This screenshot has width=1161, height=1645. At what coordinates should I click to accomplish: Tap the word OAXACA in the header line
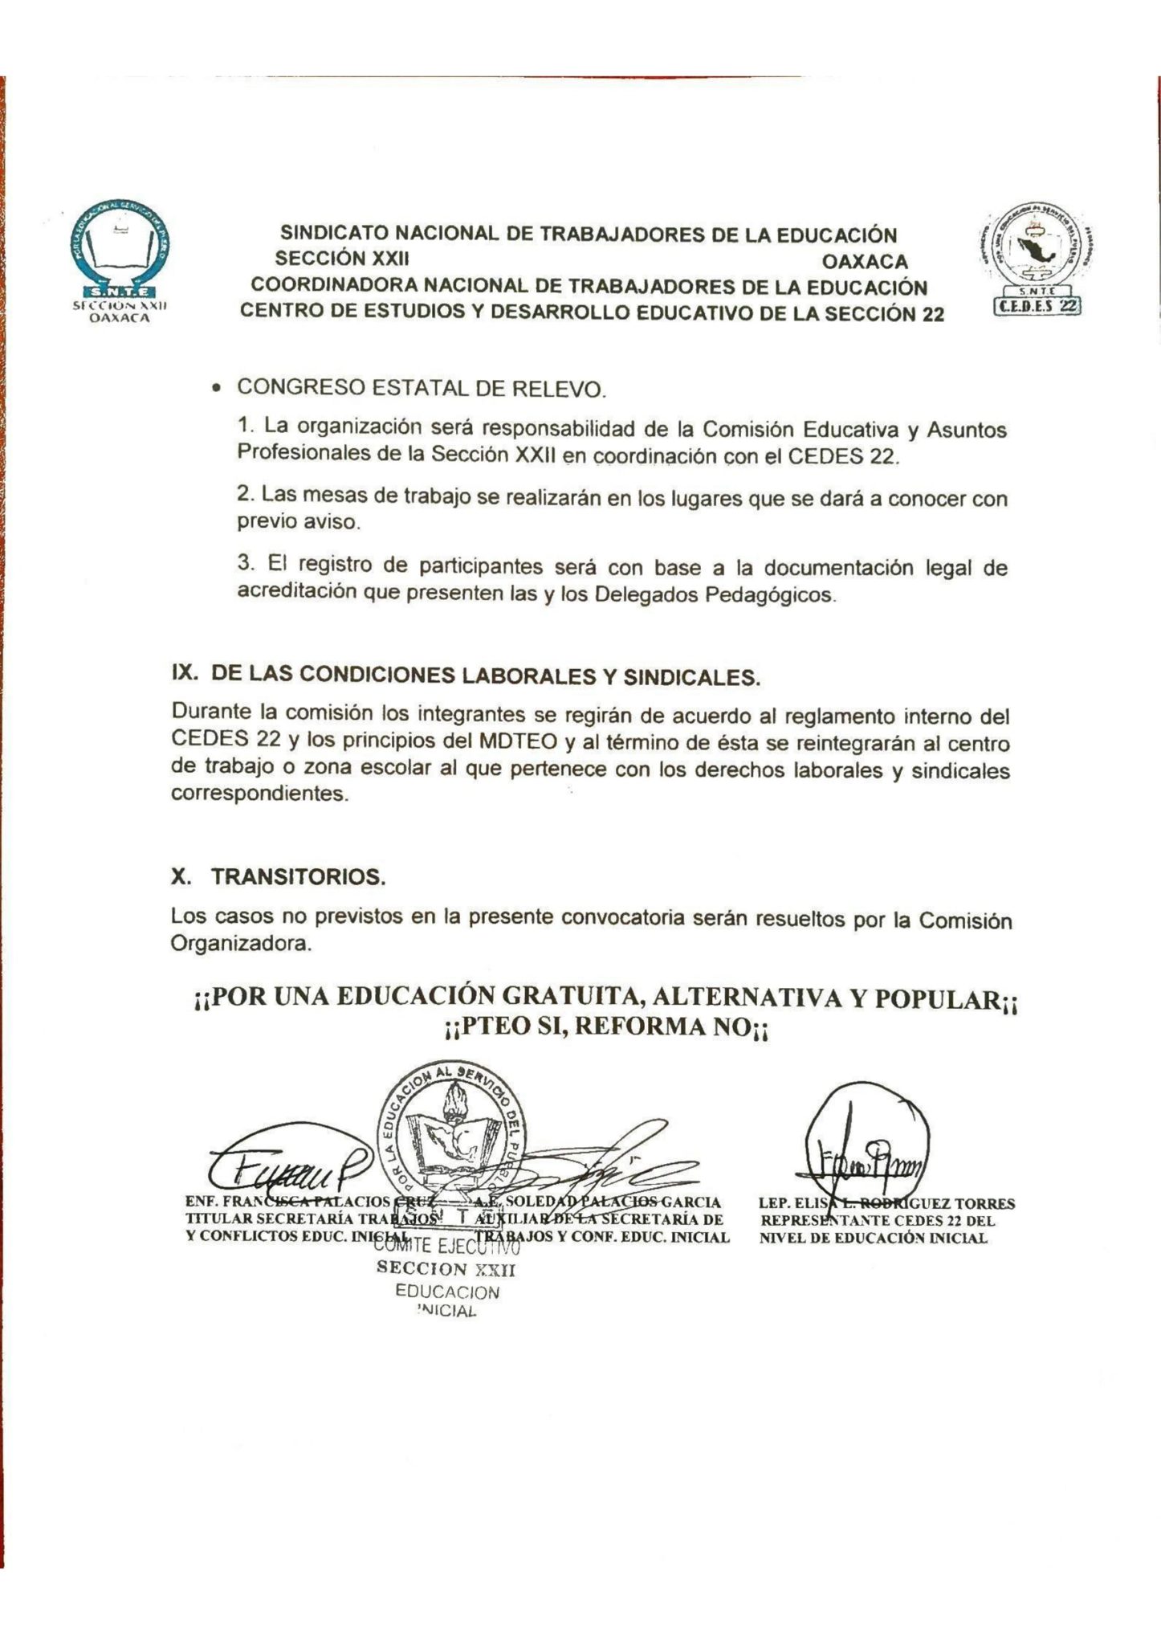[x=864, y=262]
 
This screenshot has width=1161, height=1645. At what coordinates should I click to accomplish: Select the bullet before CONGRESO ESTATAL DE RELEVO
[x=215, y=389]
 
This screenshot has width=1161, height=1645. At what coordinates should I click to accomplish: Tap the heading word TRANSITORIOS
[x=299, y=876]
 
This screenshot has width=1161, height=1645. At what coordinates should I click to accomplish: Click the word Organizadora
[x=240, y=943]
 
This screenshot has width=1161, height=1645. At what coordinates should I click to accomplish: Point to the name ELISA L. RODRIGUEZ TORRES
[x=886, y=1203]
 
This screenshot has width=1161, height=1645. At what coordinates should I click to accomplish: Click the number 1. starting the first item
[x=246, y=422]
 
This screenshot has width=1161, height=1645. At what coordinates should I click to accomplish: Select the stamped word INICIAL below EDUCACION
[x=446, y=1312]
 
